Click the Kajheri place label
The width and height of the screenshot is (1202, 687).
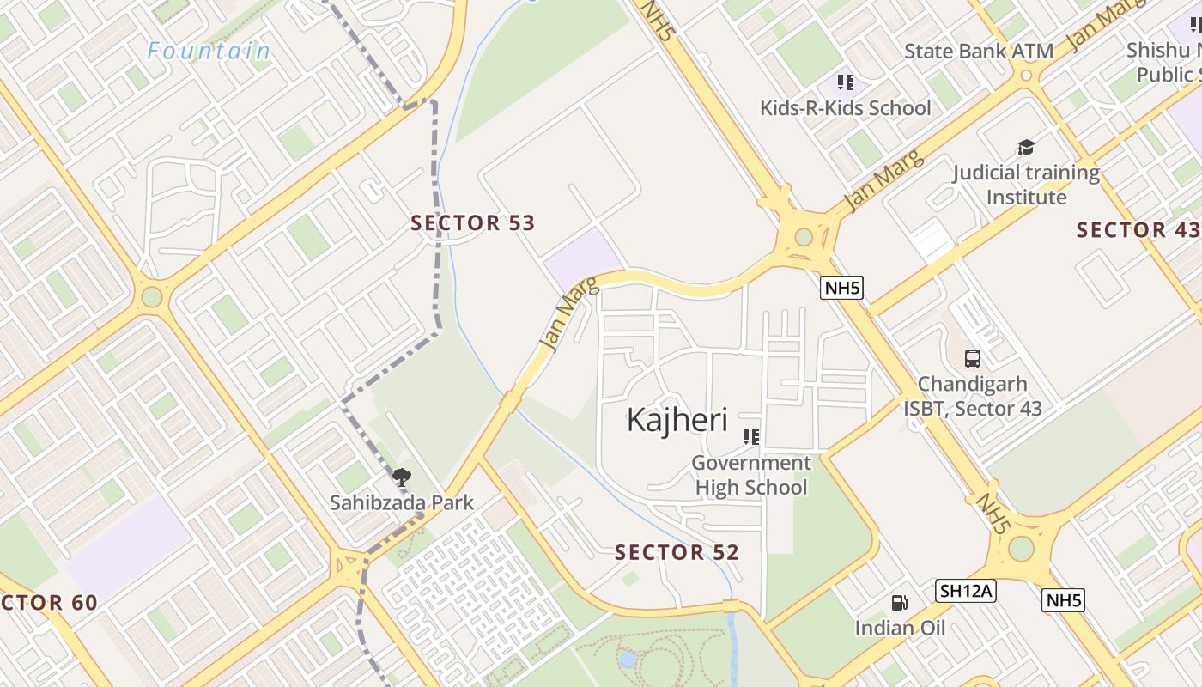[x=677, y=420]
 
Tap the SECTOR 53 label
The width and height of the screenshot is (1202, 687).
[x=472, y=223]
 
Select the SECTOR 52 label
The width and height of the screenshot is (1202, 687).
[x=677, y=552]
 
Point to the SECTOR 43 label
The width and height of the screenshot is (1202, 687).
[x=1138, y=230]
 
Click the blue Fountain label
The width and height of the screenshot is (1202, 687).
[x=209, y=52]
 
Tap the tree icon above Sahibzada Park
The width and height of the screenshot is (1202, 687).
[x=401, y=477]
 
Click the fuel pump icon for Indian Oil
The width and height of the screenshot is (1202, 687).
[x=899, y=603]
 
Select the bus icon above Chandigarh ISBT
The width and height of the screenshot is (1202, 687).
[x=972, y=359]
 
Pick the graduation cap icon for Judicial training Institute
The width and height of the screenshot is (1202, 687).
[x=1025, y=148]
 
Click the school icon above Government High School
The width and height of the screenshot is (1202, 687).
[x=751, y=437]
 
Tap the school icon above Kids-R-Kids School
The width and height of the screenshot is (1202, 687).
[x=845, y=82]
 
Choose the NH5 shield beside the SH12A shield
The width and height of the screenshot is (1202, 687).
[x=1063, y=599]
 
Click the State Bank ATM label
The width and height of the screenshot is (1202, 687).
[x=979, y=52]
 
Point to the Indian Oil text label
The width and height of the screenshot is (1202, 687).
[x=899, y=628]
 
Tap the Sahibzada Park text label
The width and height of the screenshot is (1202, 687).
[x=401, y=502]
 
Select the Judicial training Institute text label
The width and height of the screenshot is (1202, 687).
[x=1025, y=185]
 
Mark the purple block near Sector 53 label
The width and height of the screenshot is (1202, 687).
[x=584, y=258]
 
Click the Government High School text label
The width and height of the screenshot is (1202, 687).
[x=751, y=475]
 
